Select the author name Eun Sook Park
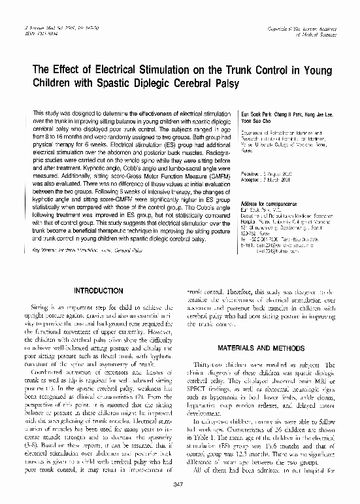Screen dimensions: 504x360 pos(255,113)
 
